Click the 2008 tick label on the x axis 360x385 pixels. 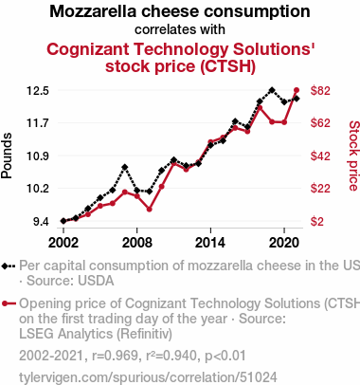click(x=136, y=243)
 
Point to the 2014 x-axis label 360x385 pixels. click(x=210, y=243)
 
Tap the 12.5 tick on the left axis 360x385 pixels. click(x=38, y=91)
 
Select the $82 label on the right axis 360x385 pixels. click(x=320, y=91)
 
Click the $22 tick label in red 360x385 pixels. click(x=320, y=189)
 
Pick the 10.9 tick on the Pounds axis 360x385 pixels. click(x=38, y=156)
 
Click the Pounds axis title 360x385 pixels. click(x=7, y=156)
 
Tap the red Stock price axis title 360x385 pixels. click(x=354, y=156)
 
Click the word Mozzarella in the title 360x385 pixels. click(x=93, y=11)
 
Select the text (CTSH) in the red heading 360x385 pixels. click(x=227, y=66)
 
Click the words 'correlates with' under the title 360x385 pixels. click(x=180, y=29)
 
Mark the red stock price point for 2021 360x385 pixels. click(x=297, y=90)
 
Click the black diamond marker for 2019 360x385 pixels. click(x=272, y=90)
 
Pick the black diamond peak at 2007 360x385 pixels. click(x=125, y=167)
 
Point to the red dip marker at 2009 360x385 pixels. click(x=150, y=210)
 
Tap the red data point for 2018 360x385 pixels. click(x=260, y=108)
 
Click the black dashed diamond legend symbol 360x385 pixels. click(x=9, y=266)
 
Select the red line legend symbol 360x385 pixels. click(x=9, y=303)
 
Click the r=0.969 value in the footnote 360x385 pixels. click(x=115, y=356)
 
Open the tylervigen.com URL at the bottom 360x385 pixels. click(x=148, y=377)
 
